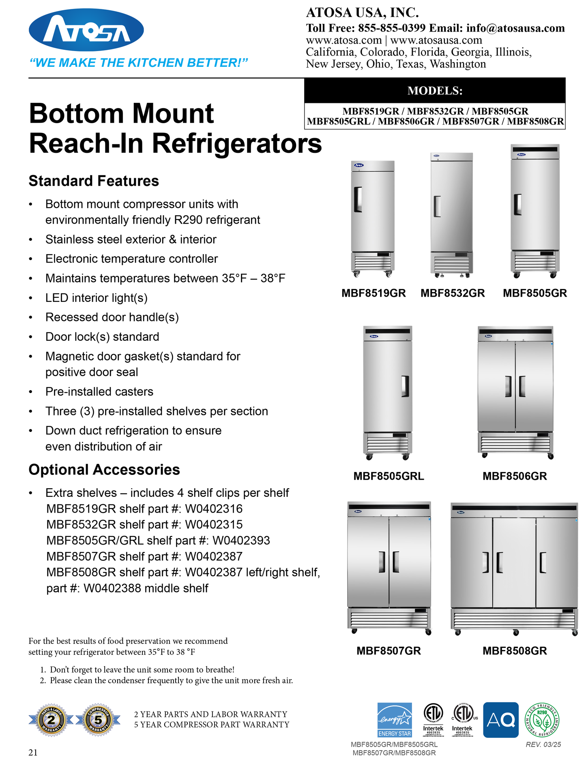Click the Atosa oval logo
click(86, 30)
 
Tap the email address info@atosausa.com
click(515, 28)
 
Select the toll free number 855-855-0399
click(392, 28)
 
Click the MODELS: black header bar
click(435, 90)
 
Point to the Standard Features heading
click(94, 181)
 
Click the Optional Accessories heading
click(104, 469)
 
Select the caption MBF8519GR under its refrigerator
click(373, 293)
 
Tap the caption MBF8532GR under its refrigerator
click(453, 293)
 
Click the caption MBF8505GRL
click(389, 476)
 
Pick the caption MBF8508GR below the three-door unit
click(515, 650)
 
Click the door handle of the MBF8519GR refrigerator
click(358, 199)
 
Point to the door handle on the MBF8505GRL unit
click(405, 386)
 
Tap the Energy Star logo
click(395, 720)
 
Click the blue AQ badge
click(501, 720)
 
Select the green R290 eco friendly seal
click(542, 720)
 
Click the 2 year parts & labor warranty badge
click(52, 720)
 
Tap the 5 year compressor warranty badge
click(98, 720)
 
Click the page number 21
click(33, 752)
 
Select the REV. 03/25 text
click(543, 744)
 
